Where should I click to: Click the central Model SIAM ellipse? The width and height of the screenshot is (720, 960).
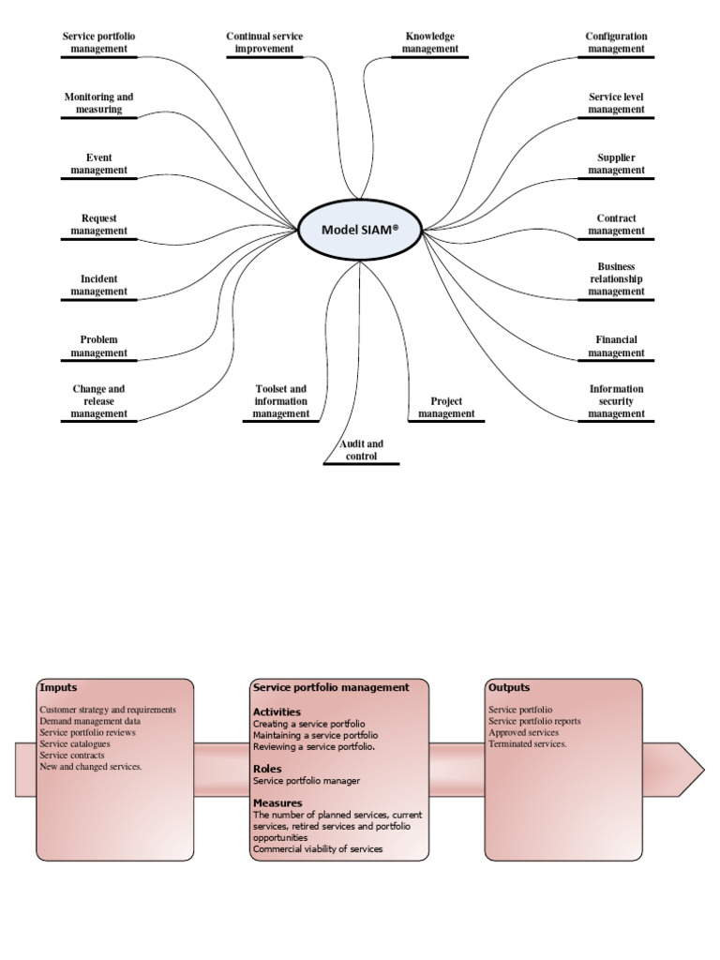(x=360, y=230)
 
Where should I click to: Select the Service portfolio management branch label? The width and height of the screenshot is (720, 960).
(x=99, y=42)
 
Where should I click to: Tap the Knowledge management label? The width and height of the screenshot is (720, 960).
(x=430, y=42)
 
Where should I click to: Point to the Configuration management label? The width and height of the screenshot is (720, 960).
(x=616, y=42)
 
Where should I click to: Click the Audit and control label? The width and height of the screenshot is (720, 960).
(x=361, y=450)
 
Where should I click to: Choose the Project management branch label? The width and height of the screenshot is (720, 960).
(x=446, y=407)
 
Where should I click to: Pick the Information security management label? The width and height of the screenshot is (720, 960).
(x=616, y=401)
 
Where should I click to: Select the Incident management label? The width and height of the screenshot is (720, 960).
(x=99, y=285)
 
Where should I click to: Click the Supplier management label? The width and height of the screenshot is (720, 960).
(x=616, y=164)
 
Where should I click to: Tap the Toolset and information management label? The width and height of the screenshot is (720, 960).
(x=280, y=401)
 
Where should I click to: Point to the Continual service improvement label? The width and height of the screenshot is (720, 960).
(x=264, y=42)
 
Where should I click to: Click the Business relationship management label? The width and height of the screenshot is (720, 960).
(x=616, y=279)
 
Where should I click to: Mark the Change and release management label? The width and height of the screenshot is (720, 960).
(x=99, y=401)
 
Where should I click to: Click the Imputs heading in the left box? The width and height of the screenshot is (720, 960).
(x=58, y=688)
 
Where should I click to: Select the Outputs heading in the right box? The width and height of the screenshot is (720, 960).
(x=509, y=688)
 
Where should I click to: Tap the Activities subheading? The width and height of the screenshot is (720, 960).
(x=277, y=712)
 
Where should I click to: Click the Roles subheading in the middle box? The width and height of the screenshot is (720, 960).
(x=267, y=769)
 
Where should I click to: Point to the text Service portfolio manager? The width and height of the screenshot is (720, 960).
(x=307, y=781)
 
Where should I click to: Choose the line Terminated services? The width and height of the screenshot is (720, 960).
(x=527, y=743)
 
